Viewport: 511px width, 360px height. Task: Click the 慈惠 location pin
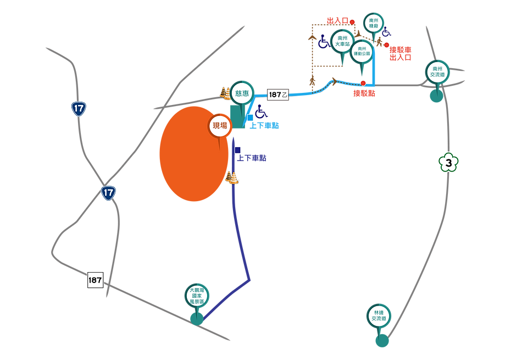tap(242, 92)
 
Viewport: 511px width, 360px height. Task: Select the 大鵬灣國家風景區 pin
tap(197, 295)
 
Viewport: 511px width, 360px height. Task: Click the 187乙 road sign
tap(278, 94)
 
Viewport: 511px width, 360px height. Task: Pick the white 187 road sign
tap(95, 280)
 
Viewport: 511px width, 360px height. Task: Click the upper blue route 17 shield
tap(79, 108)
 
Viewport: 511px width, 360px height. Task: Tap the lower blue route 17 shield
tap(108, 193)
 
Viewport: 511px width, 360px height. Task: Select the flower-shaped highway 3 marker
tap(448, 163)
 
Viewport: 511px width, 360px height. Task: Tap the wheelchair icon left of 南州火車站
tap(323, 42)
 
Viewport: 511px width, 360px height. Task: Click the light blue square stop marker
tap(251, 117)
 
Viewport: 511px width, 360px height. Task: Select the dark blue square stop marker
tap(238, 149)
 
